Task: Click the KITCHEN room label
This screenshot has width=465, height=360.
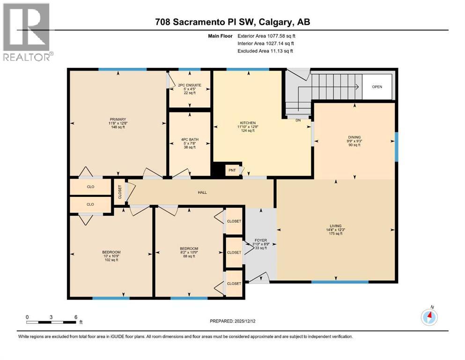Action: click(247, 123)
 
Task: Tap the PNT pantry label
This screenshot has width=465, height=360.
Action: click(232, 170)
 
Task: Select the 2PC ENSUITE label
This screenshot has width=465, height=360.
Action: click(189, 85)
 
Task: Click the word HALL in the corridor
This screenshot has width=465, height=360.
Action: click(202, 192)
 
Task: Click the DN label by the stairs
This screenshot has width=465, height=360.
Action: click(298, 120)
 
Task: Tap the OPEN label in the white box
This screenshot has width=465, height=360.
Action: click(377, 87)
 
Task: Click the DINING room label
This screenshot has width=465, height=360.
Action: click(354, 137)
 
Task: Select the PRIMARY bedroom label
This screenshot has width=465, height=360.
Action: click(117, 119)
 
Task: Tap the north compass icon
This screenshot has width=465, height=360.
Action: click(429, 317)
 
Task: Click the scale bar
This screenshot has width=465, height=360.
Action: click(52, 322)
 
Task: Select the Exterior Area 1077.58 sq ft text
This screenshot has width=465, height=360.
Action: click(266, 36)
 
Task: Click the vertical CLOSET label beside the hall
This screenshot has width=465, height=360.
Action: click(120, 192)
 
